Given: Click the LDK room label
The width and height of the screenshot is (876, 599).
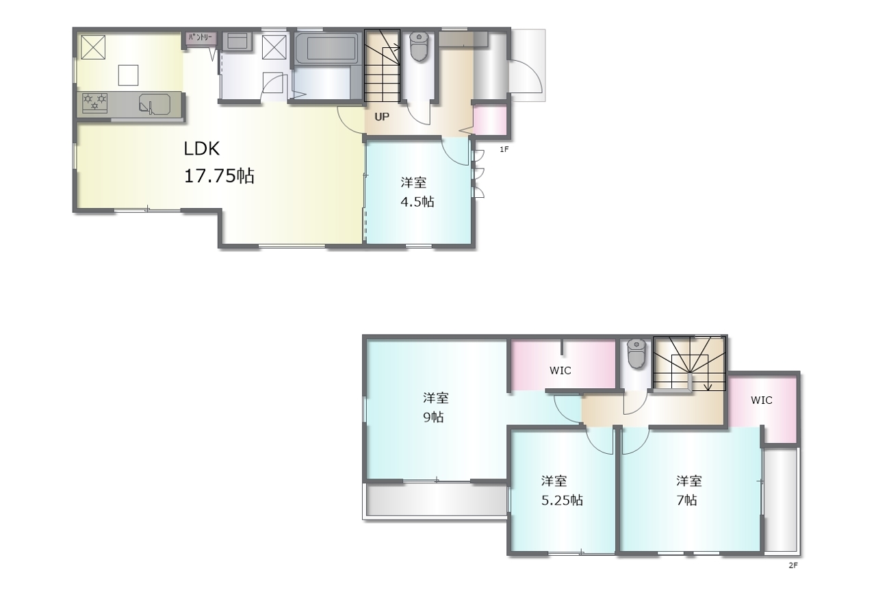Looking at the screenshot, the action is click(x=201, y=149).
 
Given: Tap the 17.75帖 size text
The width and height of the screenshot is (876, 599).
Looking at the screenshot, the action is click(x=219, y=176).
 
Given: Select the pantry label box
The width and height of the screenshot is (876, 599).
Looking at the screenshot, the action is click(x=201, y=38).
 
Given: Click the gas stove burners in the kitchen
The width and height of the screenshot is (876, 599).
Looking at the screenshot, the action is click(x=94, y=102).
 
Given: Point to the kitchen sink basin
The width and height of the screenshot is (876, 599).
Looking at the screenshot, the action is click(x=155, y=103).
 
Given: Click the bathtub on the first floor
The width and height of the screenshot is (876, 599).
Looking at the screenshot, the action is click(x=327, y=48).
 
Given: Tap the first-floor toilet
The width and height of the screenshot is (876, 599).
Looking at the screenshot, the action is click(x=419, y=46).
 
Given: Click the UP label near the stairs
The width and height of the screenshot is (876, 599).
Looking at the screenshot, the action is click(x=382, y=116).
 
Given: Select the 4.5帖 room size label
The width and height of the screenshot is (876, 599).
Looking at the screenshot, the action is click(x=417, y=202).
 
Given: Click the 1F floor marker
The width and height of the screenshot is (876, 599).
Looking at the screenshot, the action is click(x=504, y=149).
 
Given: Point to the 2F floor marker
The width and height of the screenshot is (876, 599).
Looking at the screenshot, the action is click(x=793, y=565).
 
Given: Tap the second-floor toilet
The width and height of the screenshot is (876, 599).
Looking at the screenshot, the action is click(x=636, y=353).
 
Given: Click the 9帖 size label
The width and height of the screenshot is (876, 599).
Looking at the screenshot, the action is click(x=433, y=418).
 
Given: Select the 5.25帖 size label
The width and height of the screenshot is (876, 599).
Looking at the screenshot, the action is click(x=562, y=500).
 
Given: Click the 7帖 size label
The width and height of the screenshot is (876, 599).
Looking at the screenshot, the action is click(x=686, y=500).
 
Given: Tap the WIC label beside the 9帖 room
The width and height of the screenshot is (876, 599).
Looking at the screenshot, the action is click(x=560, y=370).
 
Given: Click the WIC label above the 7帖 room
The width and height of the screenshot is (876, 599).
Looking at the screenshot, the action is click(x=762, y=400).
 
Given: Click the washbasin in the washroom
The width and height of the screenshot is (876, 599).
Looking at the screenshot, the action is click(x=237, y=41).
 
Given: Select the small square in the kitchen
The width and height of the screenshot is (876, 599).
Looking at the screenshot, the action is click(x=128, y=75).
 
